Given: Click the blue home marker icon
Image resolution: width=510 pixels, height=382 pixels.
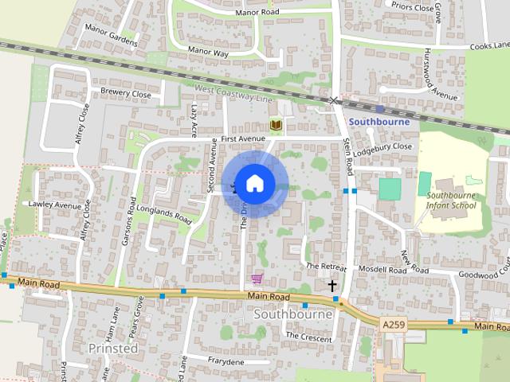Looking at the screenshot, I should click(x=254, y=183).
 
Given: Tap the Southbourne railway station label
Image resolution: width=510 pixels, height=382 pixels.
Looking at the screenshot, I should click(x=379, y=122).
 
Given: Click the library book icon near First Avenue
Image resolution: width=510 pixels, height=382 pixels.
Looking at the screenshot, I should click(x=276, y=125).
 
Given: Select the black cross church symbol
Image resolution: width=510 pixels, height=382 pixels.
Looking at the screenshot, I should click(x=332, y=285).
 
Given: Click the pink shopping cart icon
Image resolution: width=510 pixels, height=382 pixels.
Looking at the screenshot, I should click(x=257, y=279).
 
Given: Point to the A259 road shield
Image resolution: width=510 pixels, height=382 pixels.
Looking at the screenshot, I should click(x=393, y=325).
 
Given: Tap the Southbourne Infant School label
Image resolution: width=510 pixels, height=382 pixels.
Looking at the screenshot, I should click(x=451, y=200).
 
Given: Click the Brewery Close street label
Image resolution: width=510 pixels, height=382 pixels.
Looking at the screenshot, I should click(x=125, y=93).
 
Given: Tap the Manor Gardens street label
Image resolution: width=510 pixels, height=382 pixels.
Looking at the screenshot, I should click(x=112, y=37).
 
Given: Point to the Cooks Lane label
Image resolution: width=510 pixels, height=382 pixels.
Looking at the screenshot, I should click(x=488, y=47).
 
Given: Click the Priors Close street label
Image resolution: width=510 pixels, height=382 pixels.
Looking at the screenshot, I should click(x=412, y=6).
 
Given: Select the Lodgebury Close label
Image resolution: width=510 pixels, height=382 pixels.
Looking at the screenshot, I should click(x=382, y=146).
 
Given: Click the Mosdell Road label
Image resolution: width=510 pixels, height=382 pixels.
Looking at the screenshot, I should click(x=382, y=271).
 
